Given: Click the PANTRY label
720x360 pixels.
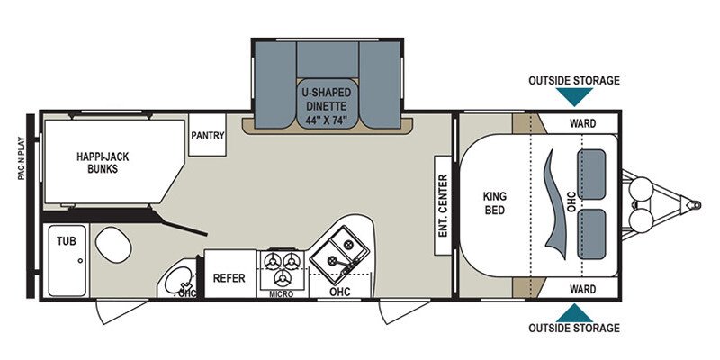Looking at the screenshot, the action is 208,136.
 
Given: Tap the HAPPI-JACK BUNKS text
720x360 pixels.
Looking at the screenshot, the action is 103,163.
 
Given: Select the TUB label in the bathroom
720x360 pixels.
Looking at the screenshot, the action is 67,240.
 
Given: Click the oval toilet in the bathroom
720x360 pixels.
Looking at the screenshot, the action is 114,245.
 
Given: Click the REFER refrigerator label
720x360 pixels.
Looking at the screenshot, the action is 229,278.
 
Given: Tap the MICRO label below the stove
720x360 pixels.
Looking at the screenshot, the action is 282,294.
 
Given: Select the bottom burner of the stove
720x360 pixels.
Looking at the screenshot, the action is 282,277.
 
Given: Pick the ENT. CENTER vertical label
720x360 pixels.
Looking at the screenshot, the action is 443,205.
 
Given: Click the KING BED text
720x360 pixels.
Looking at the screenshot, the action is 494,203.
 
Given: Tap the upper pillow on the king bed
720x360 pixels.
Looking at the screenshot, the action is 591,175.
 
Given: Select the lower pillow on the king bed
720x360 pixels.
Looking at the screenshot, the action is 591,234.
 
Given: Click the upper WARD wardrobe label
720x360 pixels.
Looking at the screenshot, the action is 582,123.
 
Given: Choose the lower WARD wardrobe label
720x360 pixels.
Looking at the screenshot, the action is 582,289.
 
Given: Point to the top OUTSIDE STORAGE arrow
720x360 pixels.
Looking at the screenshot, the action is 574,95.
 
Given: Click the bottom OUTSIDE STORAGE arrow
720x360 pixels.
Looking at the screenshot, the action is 574,314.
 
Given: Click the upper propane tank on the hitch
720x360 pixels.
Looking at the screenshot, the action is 641,188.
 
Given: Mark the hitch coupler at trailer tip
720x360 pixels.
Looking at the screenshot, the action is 695,205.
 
